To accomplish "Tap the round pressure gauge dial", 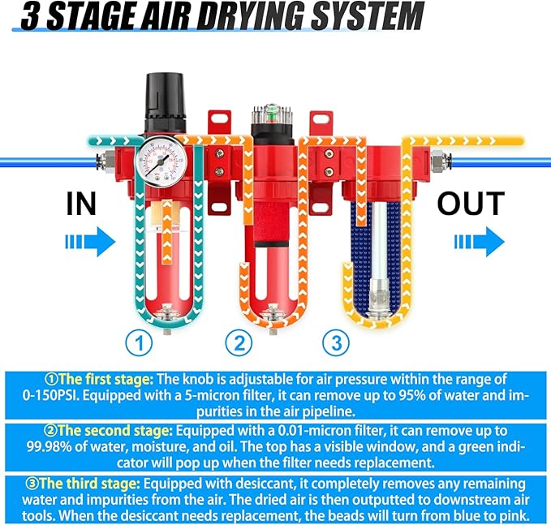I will pyautogui.click(x=159, y=160).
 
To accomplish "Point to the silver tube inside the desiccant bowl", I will pyautogui.click(x=376, y=243).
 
